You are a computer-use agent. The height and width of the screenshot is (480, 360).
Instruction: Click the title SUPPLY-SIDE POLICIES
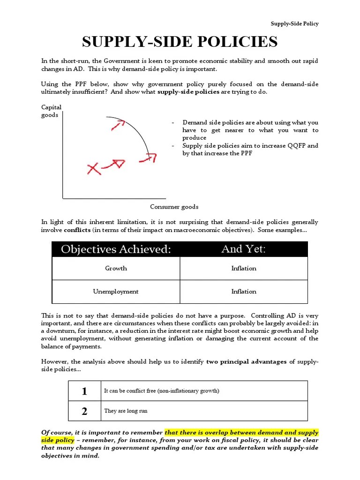pos(180,42)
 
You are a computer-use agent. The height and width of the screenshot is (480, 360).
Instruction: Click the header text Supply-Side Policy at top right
pos(294,24)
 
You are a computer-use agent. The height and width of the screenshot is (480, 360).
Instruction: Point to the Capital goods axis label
pos(51,111)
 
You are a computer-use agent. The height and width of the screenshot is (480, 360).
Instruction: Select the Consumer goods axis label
pos(174,207)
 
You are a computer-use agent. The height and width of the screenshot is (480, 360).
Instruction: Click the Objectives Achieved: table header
pos(116,249)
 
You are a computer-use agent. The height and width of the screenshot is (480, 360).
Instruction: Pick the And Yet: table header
pos(243,249)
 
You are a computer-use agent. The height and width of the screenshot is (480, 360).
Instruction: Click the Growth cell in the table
pos(116,269)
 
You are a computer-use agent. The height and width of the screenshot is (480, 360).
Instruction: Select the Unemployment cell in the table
pos(116,292)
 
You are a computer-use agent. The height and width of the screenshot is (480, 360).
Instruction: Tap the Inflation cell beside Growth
pos(244,269)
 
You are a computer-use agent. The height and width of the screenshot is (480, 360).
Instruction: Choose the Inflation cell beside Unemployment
pos(244,292)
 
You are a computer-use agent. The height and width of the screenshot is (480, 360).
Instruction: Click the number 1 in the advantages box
pos(84,391)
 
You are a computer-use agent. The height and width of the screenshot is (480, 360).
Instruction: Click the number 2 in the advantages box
pos(84,412)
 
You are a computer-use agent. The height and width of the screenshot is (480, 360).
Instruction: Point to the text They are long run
pos(126,411)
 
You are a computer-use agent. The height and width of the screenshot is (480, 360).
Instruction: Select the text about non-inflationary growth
pos(162,391)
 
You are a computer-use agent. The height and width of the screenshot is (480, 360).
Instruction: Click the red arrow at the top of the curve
pos(119,125)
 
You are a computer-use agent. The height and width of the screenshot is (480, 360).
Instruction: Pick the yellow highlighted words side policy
pos(58,440)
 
